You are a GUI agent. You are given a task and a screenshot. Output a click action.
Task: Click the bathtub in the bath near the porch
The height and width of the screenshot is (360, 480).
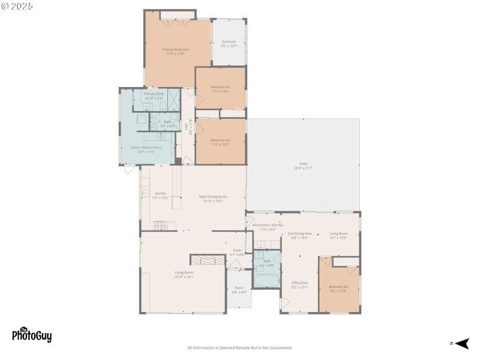(266, 280)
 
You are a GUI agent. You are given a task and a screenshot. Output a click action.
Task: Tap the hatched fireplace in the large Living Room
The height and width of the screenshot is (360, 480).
(207, 260)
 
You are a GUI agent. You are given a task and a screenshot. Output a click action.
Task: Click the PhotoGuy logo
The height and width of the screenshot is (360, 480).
(32, 334)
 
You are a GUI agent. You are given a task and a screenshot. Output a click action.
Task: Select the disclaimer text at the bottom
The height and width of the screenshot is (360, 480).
(239, 348)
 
